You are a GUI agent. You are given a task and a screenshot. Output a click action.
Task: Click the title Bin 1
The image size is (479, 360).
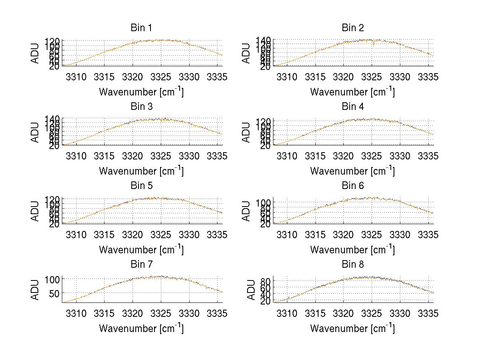pos(141,28)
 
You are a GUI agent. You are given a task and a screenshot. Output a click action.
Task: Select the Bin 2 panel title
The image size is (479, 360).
pos(352,28)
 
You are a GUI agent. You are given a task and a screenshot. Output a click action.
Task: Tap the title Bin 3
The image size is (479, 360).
pos(141,107)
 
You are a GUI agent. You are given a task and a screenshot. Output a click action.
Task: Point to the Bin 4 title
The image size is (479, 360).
pos(352,107)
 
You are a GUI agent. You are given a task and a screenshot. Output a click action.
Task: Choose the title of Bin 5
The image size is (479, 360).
pos(141,186)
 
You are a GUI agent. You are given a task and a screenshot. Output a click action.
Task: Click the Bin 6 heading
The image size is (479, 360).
pos(352,186)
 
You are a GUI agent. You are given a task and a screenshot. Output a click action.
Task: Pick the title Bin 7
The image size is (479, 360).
pos(141,265)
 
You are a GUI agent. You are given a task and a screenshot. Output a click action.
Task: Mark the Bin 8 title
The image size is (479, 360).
pos(352,265)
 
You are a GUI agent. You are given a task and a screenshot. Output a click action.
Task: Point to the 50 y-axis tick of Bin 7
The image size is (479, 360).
pos(53,293)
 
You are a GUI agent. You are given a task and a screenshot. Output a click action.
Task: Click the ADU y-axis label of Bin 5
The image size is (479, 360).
pos(35,211)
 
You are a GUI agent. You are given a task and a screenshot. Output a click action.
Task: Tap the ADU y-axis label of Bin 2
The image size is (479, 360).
pos(247,53)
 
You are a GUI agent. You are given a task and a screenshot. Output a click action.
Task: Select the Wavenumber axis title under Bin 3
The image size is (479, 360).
pos(141,171)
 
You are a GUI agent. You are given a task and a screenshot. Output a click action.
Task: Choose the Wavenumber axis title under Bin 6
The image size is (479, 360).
pos(352,249)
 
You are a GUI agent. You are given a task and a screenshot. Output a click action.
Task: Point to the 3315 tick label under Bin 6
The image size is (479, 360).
pos(315,235)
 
